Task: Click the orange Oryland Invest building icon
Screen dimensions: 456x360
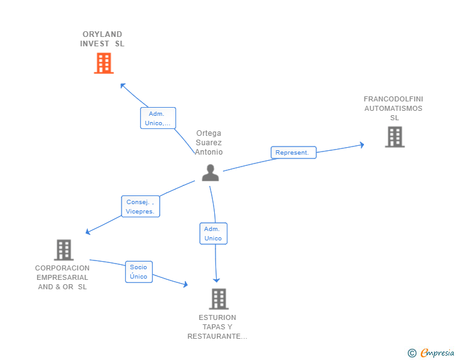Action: pyautogui.click(x=104, y=63)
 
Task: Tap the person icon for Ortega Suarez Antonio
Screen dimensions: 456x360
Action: pyautogui.click(x=210, y=173)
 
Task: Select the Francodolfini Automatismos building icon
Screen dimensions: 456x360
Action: pyautogui.click(x=395, y=137)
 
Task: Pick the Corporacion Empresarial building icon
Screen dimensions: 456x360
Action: pyautogui.click(x=64, y=250)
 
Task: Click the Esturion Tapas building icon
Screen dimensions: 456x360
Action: pyautogui.click(x=219, y=299)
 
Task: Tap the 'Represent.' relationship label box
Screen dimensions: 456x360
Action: pyautogui.click(x=293, y=153)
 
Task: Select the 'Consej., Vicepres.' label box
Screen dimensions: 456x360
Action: pyautogui.click(x=140, y=206)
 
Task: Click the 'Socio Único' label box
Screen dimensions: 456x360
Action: pyautogui.click(x=139, y=272)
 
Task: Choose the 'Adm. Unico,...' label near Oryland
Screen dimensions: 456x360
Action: pyautogui.click(x=158, y=118)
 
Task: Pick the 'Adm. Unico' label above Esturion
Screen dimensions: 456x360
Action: pyautogui.click(x=214, y=234)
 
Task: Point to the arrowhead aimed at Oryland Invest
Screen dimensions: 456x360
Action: pyautogui.click(x=123, y=86)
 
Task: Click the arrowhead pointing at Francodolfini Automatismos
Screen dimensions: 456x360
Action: pyautogui.click(x=362, y=145)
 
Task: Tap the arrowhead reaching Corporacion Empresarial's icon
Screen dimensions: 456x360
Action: pyautogui.click(x=88, y=232)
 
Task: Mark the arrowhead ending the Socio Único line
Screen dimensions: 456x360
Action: pyautogui.click(x=185, y=284)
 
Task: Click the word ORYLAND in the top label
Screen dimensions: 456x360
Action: pyautogui.click(x=102, y=34)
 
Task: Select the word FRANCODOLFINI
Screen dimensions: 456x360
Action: pyautogui.click(x=393, y=99)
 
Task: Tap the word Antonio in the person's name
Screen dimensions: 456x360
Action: pyautogui.click(x=209, y=152)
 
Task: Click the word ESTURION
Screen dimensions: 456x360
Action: pyautogui.click(x=217, y=317)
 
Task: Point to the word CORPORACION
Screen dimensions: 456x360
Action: pyautogui.click(x=62, y=268)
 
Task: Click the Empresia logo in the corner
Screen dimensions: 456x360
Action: pyautogui.click(x=431, y=353)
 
